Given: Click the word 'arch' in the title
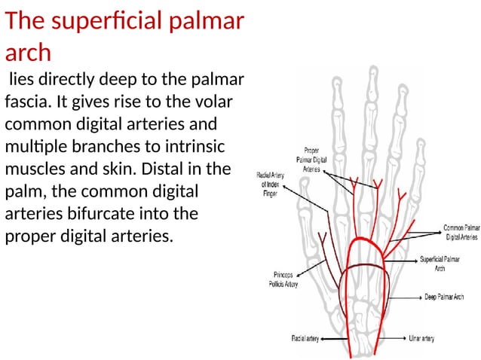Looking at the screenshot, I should tap(28, 52).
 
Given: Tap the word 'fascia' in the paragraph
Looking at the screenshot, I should tap(26, 101).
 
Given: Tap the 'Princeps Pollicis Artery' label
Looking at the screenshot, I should tap(283, 279).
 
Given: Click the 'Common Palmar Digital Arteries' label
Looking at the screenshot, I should tap(461, 231).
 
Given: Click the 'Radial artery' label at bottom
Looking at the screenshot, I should tap(305, 339).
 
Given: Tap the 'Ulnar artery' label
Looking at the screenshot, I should tap(421, 339).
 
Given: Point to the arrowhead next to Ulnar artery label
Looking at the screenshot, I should tap(403, 339).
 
